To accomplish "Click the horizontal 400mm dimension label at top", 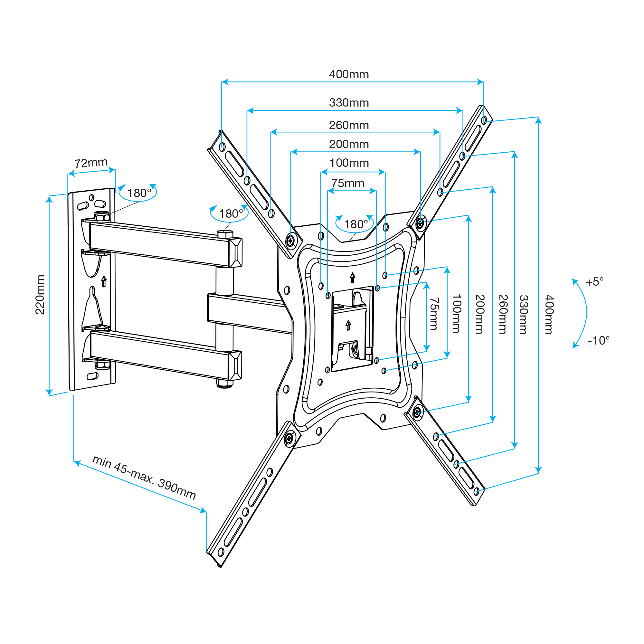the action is point(349,74).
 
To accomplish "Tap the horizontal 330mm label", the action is point(349,102).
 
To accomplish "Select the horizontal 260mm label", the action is point(349,125).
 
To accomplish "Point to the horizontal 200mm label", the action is point(349,144).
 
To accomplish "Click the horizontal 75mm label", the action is point(348,183).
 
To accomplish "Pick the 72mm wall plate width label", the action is point(91,163).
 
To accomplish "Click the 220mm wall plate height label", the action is point(40,295).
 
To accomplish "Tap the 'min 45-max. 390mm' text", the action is point(144,477).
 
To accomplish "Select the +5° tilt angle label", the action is point(595,282).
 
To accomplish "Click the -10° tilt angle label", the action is point(599,340).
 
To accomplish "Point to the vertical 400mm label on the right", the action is point(549,314).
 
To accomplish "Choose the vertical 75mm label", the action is point(434,314).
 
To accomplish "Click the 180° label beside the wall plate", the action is point(139,193).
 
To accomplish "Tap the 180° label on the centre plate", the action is point(356,224).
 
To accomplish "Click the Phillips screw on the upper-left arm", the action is point(291,240).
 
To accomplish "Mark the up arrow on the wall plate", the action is point(104,281).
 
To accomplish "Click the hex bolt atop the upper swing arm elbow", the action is point(225,234).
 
